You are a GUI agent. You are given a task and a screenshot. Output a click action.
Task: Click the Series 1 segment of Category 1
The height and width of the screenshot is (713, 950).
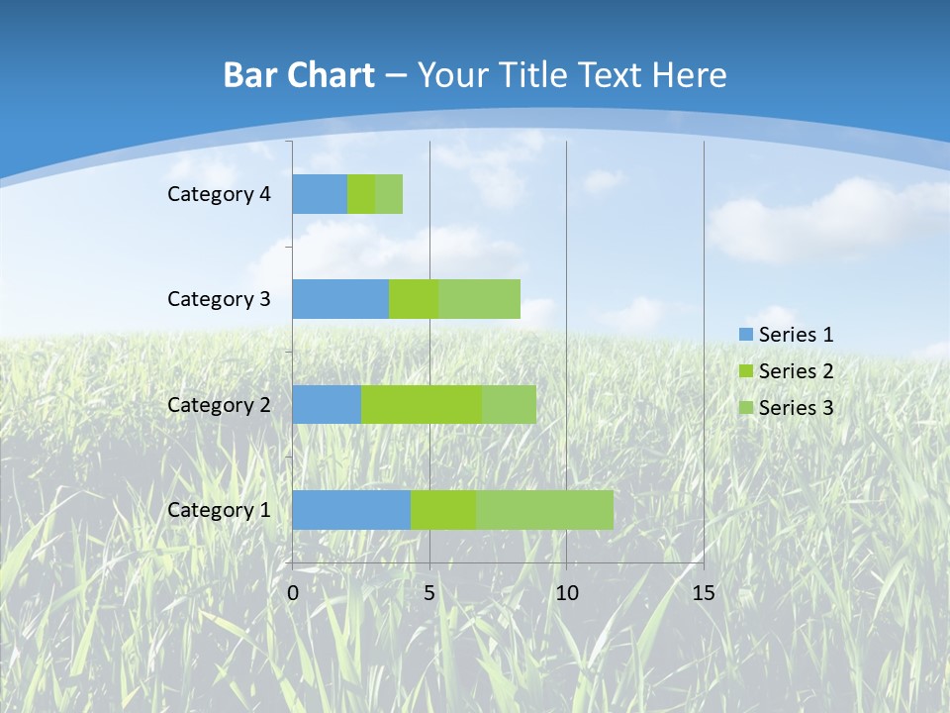tap(351, 509)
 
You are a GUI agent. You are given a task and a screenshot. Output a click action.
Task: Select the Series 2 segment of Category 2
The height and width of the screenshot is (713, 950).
tap(421, 404)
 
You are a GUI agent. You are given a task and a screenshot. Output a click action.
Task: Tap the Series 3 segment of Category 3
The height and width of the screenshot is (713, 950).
tap(479, 299)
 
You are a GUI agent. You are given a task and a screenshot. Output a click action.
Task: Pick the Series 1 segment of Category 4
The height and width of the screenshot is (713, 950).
tap(320, 194)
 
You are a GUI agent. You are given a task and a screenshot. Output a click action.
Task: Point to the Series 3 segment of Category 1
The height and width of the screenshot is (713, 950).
tap(544, 509)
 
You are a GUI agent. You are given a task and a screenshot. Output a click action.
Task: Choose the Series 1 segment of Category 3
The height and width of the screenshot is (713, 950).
tap(340, 299)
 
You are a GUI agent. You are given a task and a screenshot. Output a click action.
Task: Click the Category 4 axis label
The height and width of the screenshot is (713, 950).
tap(219, 194)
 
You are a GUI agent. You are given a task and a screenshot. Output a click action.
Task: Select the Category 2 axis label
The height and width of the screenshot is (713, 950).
tap(219, 404)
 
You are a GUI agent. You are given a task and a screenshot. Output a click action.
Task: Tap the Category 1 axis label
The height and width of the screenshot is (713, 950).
tap(219, 510)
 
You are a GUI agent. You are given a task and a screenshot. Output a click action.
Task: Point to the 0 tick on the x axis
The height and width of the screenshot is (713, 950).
tap(293, 593)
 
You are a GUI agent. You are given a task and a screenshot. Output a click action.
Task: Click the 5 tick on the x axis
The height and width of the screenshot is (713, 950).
tap(429, 593)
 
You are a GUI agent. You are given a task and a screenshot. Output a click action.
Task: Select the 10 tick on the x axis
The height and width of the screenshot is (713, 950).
tap(566, 593)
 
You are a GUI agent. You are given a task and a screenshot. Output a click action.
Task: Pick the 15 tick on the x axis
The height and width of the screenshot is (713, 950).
tap(703, 593)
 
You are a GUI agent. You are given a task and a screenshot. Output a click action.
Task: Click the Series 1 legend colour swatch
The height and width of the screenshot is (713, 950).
tap(746, 335)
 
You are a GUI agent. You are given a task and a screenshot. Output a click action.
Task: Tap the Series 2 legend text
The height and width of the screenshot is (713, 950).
tap(796, 371)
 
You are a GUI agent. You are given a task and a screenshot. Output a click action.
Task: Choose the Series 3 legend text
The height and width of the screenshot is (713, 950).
tap(796, 408)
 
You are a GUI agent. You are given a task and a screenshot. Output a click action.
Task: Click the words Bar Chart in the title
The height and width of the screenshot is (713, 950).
tap(299, 75)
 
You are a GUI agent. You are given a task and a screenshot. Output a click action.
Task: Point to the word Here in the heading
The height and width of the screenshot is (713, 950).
tap(693, 75)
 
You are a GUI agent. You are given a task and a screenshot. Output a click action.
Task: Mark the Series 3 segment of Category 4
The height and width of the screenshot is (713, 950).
tap(389, 194)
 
